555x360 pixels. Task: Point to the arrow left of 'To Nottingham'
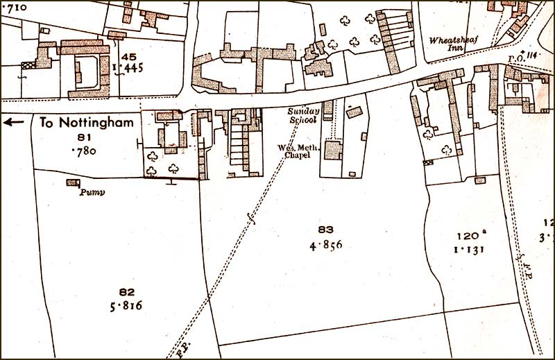pyautogui.click(x=13, y=123)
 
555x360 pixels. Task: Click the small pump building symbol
pyautogui.click(x=72, y=182)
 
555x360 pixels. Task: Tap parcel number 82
pyautogui.click(x=126, y=292)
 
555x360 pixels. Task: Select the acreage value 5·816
pyautogui.click(x=126, y=306)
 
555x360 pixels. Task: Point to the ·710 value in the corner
pyautogui.click(x=15, y=8)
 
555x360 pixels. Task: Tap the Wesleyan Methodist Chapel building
pyautogui.click(x=333, y=149)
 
